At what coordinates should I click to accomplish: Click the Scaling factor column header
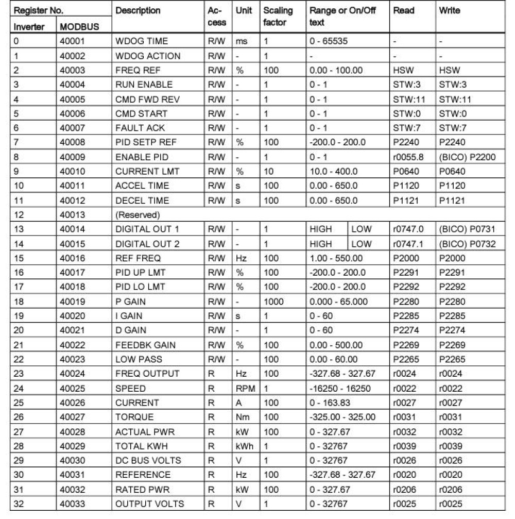[278, 16]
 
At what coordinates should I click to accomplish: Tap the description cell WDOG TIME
[142, 41]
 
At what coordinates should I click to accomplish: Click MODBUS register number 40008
[73, 142]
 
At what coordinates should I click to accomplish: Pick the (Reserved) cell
[138, 214]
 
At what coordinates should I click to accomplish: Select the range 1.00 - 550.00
[335, 258]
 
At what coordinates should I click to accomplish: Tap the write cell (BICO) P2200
[467, 157]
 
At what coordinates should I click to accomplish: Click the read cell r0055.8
[408, 157]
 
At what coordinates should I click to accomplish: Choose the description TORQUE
[134, 417]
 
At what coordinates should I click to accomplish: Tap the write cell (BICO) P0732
[467, 244]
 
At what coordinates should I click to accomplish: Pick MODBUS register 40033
[73, 504]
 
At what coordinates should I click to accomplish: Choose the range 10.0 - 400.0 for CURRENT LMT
[333, 171]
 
